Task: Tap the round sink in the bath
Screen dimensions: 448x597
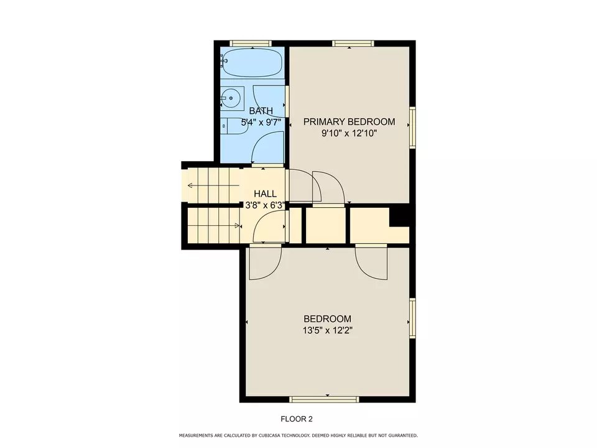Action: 231,98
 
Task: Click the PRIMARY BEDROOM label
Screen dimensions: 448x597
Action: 349,121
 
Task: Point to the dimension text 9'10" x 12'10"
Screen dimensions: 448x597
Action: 349,133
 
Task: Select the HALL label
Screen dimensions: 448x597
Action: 265,194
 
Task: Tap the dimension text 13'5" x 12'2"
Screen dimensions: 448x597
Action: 327,330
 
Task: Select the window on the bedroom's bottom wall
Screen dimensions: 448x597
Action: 333,399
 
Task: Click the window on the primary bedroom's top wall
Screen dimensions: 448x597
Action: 352,44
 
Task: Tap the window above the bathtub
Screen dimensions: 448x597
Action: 251,44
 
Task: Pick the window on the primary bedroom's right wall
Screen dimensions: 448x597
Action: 412,127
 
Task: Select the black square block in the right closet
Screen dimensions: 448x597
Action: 399,217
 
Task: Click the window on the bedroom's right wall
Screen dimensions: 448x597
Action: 412,318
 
